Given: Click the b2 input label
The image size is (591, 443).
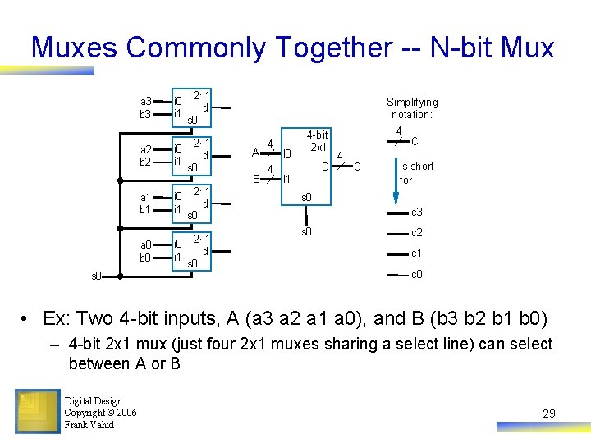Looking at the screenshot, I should click(144, 162).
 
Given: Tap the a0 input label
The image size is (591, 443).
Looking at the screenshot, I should click(144, 244).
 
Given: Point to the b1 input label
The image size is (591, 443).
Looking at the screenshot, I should click(144, 210).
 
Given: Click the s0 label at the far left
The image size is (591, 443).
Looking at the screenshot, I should click(96, 276).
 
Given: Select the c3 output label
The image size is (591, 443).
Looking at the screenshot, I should click(417, 212).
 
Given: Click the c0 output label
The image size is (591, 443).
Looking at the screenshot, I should click(417, 274).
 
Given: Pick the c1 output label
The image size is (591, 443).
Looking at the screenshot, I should click(417, 253).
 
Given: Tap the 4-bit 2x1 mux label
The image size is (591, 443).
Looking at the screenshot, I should click(317, 141).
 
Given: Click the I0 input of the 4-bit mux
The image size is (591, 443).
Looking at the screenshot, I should click(287, 153).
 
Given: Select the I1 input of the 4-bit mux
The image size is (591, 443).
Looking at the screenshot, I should click(287, 178).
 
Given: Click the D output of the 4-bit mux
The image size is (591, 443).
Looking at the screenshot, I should click(325, 167).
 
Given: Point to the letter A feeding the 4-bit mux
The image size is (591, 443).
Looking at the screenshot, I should click(255, 153).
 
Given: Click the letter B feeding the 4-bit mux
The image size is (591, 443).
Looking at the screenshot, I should click(255, 178).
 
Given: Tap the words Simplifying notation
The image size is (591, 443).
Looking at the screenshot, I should click(413, 108).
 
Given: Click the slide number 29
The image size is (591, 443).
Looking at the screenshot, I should click(548, 413).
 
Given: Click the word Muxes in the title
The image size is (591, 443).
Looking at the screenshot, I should click(74, 48).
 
